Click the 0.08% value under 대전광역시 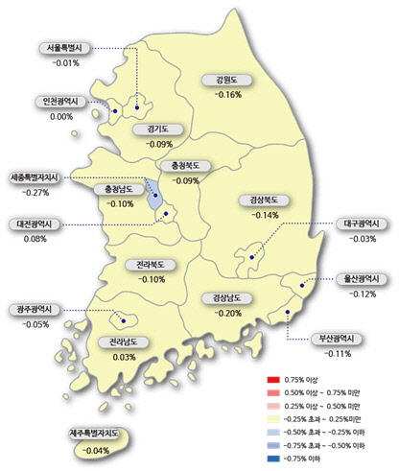[34, 238]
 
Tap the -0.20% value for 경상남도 [228, 313]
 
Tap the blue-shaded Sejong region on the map [154, 199]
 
